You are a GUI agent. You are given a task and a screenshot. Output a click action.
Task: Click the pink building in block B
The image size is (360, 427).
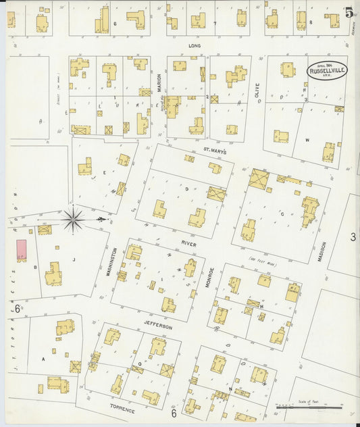click(x=22, y=249)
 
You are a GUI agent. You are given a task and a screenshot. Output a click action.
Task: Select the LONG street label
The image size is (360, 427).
click(x=195, y=46)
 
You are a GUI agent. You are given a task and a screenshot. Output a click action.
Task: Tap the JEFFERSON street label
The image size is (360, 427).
click(x=159, y=326)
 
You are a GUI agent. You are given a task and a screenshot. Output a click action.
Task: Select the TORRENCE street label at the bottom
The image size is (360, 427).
click(x=124, y=410)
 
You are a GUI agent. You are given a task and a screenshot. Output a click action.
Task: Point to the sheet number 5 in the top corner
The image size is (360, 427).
click(x=348, y=11)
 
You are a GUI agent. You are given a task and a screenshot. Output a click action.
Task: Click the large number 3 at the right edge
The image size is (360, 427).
click(x=353, y=236)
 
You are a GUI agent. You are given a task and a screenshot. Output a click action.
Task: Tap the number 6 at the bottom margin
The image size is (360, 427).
click(x=174, y=413)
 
